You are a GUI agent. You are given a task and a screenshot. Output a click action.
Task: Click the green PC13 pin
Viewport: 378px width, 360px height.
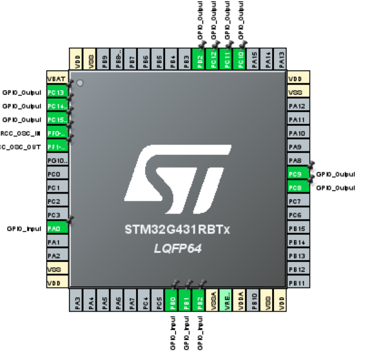57,93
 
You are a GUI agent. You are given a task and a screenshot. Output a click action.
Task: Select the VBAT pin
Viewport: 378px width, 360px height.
57,79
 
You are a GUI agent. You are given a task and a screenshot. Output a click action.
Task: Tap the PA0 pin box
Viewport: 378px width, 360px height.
57,229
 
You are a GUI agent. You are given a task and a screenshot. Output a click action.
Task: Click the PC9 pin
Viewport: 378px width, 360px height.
298,174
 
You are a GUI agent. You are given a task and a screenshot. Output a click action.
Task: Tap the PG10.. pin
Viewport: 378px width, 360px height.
57,160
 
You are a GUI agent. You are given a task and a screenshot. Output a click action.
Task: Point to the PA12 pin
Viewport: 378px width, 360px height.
298,106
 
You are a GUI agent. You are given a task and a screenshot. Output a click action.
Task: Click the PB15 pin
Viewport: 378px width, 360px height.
298,229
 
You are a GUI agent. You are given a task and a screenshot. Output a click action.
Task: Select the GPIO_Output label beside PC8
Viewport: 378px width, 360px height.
336,188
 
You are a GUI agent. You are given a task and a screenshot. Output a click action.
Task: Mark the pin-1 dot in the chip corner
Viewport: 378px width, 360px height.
79,83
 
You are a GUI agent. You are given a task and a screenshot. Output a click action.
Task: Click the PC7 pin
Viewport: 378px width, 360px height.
298,201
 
